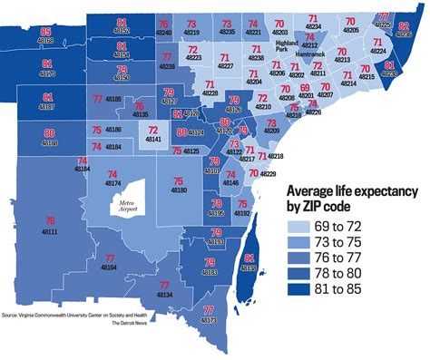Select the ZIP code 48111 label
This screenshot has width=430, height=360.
tap(50, 233)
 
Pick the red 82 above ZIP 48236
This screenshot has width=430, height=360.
tap(403, 27)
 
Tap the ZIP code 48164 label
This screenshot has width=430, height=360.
tap(109, 268)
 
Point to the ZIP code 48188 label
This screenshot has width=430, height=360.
tap(48, 143)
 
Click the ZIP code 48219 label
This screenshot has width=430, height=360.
tap(191, 32)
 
